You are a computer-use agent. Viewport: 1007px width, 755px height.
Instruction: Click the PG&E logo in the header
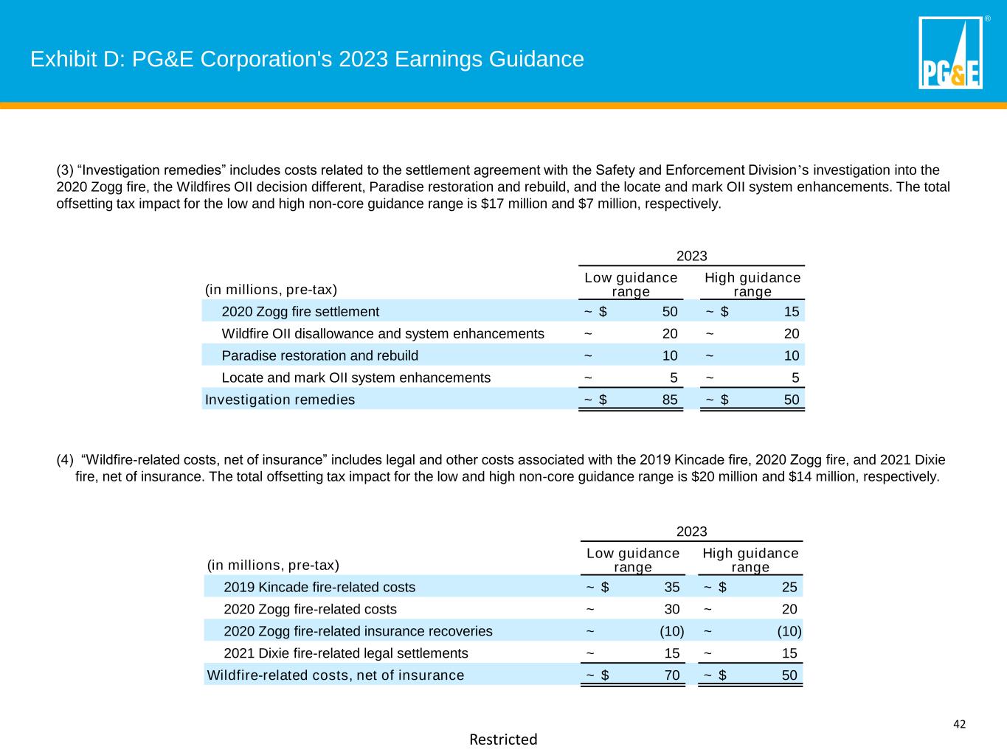950,53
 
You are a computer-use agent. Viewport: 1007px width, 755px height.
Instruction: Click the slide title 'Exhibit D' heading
307,59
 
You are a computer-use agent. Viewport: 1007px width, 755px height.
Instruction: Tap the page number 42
959,724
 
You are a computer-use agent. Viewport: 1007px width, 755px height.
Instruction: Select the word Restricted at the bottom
503,740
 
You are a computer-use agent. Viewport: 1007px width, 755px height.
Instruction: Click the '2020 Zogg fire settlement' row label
300,312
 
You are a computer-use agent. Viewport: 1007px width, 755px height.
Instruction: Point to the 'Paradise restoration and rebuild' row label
319,356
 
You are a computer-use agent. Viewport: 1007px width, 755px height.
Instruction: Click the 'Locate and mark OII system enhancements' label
356,378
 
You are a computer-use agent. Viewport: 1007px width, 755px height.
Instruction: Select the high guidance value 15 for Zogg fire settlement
791,312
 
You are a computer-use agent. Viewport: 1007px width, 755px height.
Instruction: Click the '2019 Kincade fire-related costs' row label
319,588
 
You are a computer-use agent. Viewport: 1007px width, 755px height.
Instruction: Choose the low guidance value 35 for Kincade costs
671,588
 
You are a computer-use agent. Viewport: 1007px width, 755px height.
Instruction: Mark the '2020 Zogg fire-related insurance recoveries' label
358,632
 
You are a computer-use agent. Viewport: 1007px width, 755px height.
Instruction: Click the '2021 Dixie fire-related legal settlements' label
345,654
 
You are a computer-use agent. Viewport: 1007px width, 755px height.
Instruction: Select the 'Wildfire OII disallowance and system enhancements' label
383,334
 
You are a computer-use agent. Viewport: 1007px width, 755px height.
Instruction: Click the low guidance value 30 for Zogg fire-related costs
671,610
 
